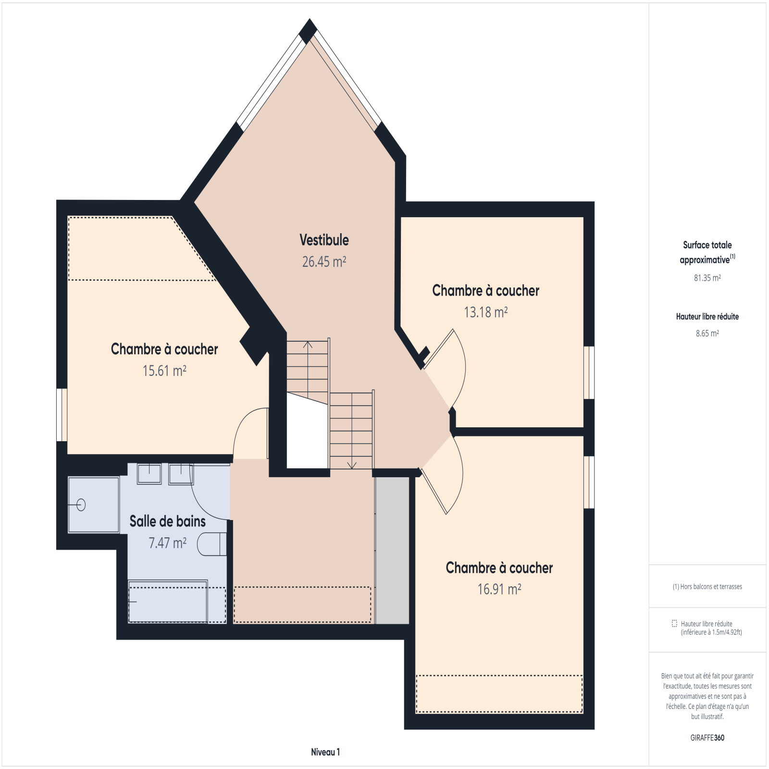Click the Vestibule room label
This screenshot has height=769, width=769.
(324, 240)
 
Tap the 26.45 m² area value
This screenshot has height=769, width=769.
(324, 261)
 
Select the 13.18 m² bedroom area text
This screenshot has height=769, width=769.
(485, 312)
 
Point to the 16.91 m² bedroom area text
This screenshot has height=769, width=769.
(499, 589)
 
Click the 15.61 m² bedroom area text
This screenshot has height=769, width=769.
(164, 371)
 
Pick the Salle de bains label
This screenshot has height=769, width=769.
(167, 521)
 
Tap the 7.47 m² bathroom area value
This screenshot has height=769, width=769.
(167, 543)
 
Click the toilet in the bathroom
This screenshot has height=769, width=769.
(212, 544)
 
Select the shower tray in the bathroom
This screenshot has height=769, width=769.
(94, 505)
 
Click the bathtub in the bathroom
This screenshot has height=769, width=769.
(168, 601)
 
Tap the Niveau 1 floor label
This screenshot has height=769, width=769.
(325, 752)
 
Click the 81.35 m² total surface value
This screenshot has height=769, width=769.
(707, 278)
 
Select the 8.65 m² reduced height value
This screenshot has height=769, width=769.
(707, 333)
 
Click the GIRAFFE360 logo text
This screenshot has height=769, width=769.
(707, 738)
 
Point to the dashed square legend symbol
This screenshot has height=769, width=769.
(674, 623)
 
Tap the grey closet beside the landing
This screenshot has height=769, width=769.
(392, 550)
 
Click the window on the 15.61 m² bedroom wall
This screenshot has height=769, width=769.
(62, 415)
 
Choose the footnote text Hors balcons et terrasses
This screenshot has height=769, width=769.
(711, 586)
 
